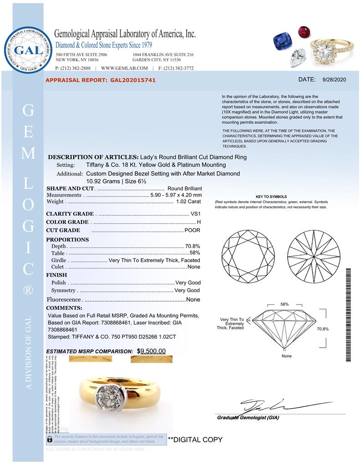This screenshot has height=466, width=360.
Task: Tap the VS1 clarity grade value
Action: pyautogui.click(x=195, y=214)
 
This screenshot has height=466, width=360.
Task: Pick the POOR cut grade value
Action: pyautogui.click(x=192, y=230)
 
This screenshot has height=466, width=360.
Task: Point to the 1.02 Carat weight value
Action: pyautogui.click(x=188, y=202)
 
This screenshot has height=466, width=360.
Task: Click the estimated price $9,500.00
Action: pyautogui.click(x=152, y=351)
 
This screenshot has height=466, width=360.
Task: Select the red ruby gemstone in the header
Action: pyautogui.click(x=303, y=32)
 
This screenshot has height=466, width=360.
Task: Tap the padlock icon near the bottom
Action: pyautogui.click(x=50, y=440)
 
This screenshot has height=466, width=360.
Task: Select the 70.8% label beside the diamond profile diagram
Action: pyautogui.click(x=322, y=329)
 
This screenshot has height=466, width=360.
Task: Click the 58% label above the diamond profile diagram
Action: pyautogui.click(x=284, y=304)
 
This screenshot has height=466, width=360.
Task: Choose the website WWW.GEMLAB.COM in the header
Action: pyautogui.click(x=124, y=68)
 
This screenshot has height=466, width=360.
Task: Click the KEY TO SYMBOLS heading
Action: pyautogui.click(x=271, y=197)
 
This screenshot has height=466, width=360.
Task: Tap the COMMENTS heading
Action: pyautogui.click(x=64, y=308)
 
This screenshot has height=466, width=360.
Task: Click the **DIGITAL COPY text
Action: pyautogui.click(x=195, y=440)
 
